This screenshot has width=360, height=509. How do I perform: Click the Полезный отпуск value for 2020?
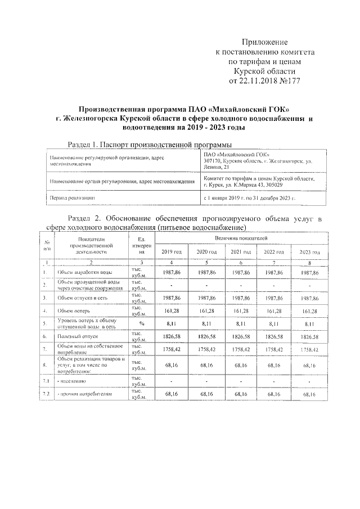[x=206, y=337]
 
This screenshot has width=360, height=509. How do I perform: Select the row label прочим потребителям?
[x=84, y=395]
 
